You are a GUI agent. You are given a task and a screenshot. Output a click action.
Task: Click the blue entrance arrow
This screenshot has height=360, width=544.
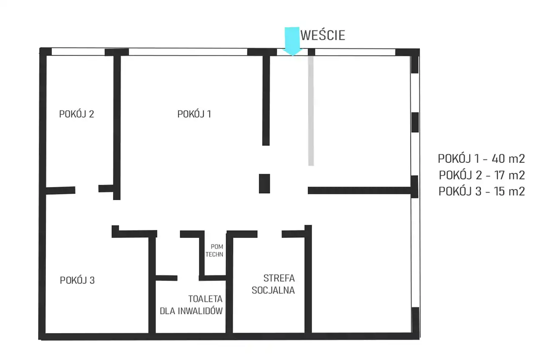click(292, 41)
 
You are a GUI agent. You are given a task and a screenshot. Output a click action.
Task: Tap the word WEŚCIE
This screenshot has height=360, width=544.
click(323, 35)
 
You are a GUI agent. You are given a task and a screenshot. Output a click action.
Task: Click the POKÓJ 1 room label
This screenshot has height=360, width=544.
click(194, 114)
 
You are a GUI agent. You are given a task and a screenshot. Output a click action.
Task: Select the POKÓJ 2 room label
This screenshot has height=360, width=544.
click(76, 114)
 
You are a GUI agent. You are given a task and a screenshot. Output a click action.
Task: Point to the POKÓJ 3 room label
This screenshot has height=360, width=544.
click(77, 280)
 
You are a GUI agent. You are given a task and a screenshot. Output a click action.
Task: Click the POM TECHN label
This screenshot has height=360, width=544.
click(214, 250)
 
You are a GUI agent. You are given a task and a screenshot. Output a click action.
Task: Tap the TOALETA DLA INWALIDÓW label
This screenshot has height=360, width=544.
click(191, 305)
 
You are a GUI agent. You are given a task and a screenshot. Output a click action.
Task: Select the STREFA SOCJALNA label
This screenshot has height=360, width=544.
click(273, 284)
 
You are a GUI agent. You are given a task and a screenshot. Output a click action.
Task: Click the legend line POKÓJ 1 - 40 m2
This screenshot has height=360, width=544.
click(482, 159)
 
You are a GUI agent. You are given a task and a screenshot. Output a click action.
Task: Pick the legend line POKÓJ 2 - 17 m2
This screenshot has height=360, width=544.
click(482, 175)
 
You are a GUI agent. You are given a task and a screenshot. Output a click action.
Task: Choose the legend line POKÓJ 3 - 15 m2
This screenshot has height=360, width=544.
click(482, 191)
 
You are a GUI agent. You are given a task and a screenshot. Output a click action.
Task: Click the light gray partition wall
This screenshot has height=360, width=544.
click(311, 111)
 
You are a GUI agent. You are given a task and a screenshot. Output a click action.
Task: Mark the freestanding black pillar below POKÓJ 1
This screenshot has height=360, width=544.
click(264, 184)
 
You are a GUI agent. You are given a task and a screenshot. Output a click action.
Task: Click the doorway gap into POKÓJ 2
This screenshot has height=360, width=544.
click(87, 189)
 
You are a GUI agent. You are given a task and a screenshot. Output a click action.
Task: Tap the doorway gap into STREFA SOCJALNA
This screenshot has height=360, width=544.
click(269, 234)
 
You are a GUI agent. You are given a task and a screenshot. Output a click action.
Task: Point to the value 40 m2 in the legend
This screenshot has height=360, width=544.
click(508, 159)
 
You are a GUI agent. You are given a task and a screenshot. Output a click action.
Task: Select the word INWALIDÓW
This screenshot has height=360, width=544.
click(200, 311)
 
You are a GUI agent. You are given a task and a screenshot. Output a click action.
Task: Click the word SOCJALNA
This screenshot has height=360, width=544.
click(273, 290)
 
